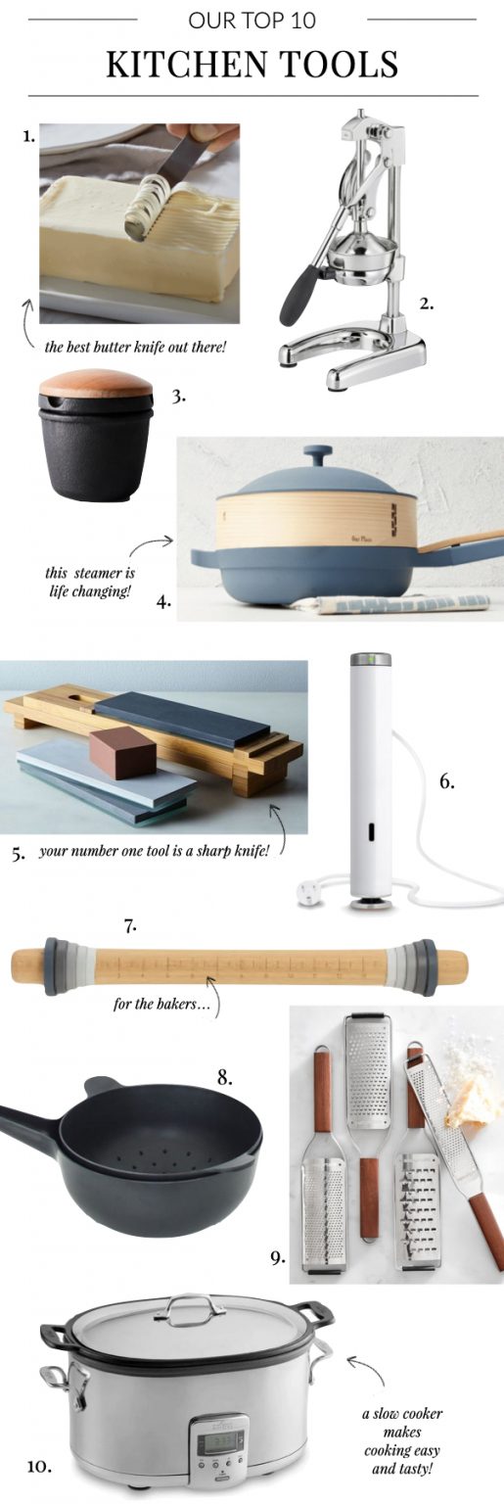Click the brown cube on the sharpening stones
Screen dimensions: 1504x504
click(x=124, y=753)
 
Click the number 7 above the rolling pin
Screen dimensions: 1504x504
click(x=129, y=925)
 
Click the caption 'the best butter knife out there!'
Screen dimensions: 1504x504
click(x=134, y=347)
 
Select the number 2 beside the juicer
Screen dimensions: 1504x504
click(x=427, y=303)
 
